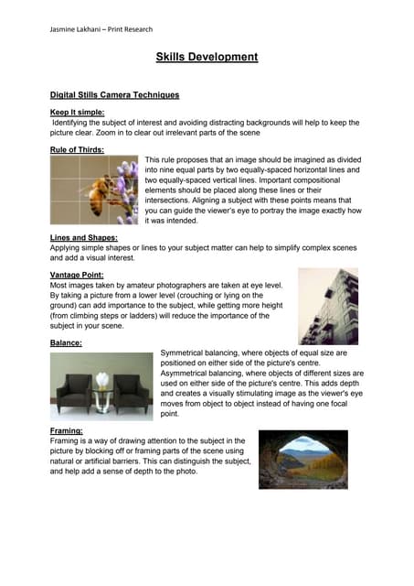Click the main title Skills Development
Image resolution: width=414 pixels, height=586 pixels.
click(x=207, y=57)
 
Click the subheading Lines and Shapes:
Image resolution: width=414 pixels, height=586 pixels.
click(x=83, y=237)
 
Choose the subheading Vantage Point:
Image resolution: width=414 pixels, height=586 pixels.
click(x=79, y=274)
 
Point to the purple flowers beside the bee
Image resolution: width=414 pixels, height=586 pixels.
click(x=129, y=183)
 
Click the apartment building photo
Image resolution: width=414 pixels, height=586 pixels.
click(x=328, y=306)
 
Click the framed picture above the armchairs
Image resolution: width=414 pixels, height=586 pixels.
click(x=101, y=359)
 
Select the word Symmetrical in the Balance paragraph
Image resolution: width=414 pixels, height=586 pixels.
click(x=186, y=353)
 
